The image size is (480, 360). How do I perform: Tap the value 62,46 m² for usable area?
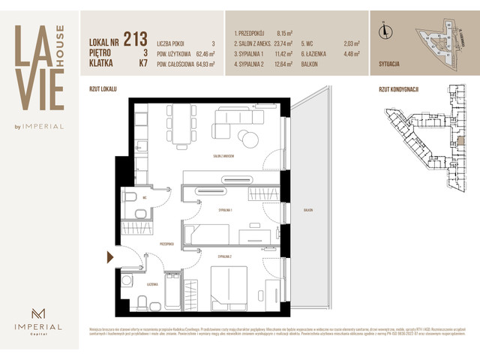click(x=202, y=54)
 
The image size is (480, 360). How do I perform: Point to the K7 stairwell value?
click(x=142, y=64)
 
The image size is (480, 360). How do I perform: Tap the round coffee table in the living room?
click(x=247, y=136)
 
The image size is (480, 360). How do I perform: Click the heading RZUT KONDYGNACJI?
click(x=397, y=89)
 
